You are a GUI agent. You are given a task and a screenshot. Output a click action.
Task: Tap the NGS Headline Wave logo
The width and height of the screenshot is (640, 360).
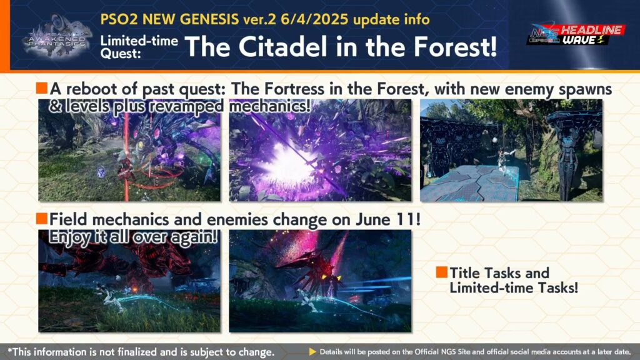(x=576, y=34)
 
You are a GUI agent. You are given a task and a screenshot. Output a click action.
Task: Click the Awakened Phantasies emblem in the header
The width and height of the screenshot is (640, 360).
(x=57, y=37)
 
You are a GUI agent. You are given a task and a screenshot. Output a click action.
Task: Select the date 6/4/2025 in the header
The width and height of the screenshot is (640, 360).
(x=314, y=19)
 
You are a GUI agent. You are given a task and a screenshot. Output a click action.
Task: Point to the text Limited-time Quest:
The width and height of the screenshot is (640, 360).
(x=139, y=46)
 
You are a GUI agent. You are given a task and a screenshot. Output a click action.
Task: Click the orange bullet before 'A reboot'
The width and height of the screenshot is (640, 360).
(x=42, y=87)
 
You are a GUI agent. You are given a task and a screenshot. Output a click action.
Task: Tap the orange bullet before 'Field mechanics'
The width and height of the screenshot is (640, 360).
(x=42, y=218)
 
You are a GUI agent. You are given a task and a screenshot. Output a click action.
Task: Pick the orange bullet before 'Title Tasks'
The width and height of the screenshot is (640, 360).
(x=442, y=272)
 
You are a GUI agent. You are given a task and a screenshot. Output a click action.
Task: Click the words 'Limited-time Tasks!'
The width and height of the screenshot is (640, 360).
(x=514, y=287)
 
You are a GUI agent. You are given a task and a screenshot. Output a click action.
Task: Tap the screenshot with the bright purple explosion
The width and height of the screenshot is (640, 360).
(x=320, y=150)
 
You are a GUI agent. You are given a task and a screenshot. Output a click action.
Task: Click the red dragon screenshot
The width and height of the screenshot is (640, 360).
(x=129, y=281)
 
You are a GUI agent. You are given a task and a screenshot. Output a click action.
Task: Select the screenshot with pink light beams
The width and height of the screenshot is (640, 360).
(x=320, y=281)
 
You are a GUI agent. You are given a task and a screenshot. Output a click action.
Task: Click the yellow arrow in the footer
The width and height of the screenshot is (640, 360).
(x=312, y=351)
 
